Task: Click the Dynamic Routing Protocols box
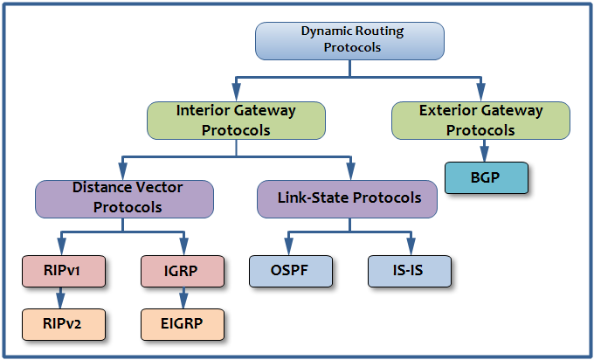tap(349, 41)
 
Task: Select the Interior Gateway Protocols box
tap(236, 121)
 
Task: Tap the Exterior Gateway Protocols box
tap(480, 121)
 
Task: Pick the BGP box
tap(487, 177)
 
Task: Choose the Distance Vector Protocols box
tap(124, 199)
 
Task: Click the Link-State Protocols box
tap(347, 199)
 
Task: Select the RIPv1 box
tap(64, 271)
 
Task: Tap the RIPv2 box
tap(64, 324)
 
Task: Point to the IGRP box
tap(183, 271)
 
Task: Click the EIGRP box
tap(183, 324)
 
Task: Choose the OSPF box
tap(291, 271)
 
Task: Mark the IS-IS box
tap(410, 271)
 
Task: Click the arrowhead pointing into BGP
tap(484, 154)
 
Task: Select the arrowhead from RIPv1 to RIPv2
tap(60, 301)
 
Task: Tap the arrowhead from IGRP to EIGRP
tap(183, 301)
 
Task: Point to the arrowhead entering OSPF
tap(288, 247)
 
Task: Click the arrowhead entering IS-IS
tap(411, 247)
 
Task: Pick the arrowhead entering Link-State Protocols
tap(351, 171)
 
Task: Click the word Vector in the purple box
tap(159, 187)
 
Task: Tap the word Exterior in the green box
tap(443, 110)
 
